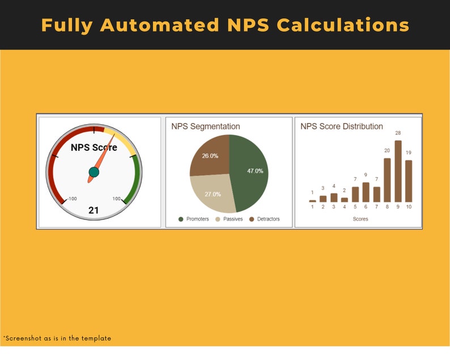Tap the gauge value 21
pos(94,210)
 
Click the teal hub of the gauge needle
pos(94,172)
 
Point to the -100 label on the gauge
pos(71,199)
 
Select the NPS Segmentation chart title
pos(206,126)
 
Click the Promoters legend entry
pos(194,219)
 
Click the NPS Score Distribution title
pos(342,126)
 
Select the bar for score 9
pos(398,171)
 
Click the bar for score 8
pos(387,180)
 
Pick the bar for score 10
pos(409,181)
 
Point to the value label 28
pos(398,133)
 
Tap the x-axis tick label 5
pos(355,207)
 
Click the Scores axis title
pos(360,219)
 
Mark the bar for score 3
pos(334,198)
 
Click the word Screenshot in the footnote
pos(23,338)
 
